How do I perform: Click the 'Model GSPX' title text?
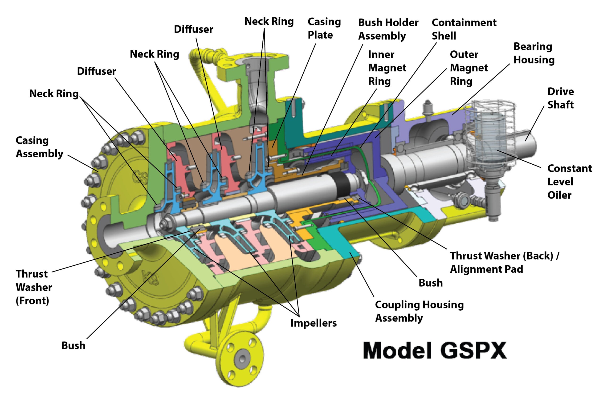click(435, 351)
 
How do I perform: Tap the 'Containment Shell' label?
click(464, 29)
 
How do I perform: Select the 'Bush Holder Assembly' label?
click(388, 29)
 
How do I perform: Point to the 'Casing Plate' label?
click(324, 28)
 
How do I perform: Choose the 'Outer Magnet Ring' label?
click(469, 68)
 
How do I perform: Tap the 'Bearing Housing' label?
click(534, 53)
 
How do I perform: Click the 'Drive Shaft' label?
click(560, 98)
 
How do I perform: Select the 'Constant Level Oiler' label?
click(569, 182)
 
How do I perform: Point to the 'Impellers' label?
click(313, 323)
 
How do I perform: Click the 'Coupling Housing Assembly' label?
click(419, 311)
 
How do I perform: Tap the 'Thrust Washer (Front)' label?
click(34, 287)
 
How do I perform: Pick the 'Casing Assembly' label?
click(39, 147)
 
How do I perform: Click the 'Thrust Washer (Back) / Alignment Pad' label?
click(504, 262)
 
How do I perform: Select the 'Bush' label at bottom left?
click(73, 345)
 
